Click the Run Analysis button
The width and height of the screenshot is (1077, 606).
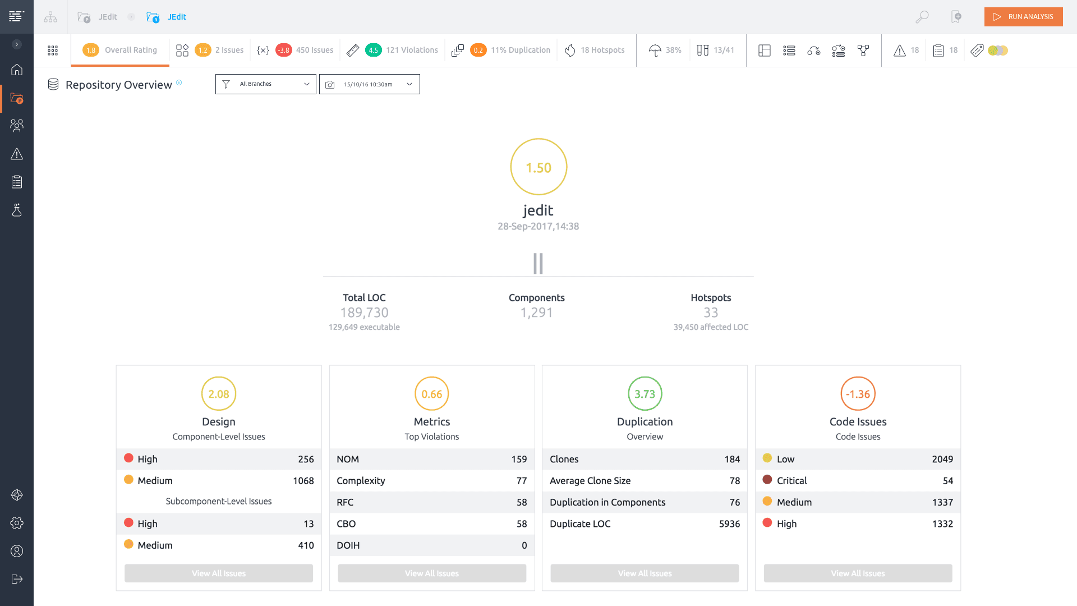click(x=1023, y=17)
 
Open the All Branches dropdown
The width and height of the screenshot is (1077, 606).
click(x=265, y=84)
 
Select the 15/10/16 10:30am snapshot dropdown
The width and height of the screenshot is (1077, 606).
click(x=369, y=84)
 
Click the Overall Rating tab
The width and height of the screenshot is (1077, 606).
click(x=120, y=50)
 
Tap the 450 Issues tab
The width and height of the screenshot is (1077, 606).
click(x=305, y=50)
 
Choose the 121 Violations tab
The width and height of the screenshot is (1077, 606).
click(x=402, y=50)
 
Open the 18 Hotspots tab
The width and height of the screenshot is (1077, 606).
click(x=595, y=50)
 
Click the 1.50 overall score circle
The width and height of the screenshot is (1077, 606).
click(x=538, y=167)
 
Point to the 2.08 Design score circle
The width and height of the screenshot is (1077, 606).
click(x=219, y=394)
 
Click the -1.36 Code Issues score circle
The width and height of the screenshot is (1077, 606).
click(x=858, y=394)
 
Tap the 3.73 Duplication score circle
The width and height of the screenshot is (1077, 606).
click(x=645, y=394)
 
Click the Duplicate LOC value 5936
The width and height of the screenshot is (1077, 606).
click(x=729, y=524)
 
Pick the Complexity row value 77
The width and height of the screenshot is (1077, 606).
click(x=521, y=481)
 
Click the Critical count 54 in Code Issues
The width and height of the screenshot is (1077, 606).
click(x=947, y=481)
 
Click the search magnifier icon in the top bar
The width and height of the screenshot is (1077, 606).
click(x=922, y=17)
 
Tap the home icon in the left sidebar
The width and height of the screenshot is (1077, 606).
click(x=17, y=70)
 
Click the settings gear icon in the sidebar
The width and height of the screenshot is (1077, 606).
click(x=17, y=523)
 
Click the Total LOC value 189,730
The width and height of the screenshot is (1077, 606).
click(x=364, y=313)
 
